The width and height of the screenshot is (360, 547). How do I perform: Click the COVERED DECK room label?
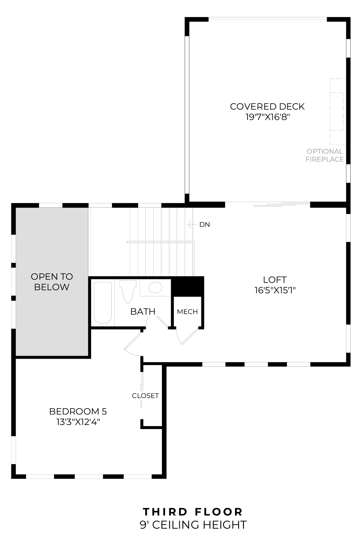click(267, 107)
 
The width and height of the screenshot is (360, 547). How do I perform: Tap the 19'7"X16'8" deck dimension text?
click(267, 117)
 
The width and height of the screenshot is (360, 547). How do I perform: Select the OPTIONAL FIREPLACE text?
click(324, 155)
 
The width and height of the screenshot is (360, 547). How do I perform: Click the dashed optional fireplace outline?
click(337, 111)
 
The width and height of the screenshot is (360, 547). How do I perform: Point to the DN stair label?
click(205, 225)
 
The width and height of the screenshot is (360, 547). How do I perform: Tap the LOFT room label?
click(275, 280)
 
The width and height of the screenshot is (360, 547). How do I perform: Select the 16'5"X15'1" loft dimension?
click(275, 290)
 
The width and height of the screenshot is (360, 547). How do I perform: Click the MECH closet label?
click(187, 312)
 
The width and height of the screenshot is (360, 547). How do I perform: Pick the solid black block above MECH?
click(187, 286)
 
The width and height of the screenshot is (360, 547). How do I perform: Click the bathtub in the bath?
click(103, 303)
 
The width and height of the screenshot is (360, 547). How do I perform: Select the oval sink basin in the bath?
click(155, 287)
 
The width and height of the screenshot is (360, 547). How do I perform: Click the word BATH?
click(143, 312)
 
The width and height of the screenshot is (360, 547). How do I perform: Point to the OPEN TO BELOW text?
click(52, 282)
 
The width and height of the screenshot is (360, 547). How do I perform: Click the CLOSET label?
click(145, 396)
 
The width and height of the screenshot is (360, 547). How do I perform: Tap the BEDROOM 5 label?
click(78, 411)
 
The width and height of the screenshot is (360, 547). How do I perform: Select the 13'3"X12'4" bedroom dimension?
click(78, 422)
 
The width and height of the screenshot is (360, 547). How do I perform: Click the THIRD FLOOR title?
click(193, 512)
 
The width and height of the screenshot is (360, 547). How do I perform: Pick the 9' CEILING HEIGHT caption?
click(193, 525)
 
